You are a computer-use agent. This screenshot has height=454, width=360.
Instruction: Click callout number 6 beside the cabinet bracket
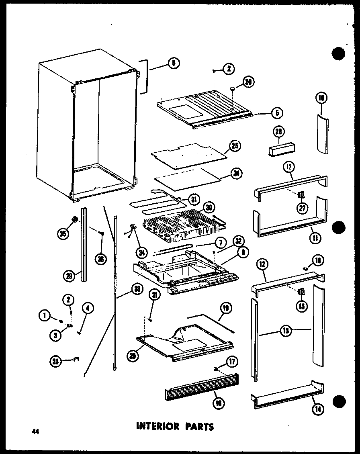173,63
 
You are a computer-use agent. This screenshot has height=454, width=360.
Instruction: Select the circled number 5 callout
275,113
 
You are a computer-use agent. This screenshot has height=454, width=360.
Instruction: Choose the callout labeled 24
236,174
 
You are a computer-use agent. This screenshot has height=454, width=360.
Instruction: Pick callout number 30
208,207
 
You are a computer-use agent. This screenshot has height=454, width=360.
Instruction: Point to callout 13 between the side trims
286,332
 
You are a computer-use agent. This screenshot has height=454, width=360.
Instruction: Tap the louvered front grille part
201,388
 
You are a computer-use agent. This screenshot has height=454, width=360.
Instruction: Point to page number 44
36,432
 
